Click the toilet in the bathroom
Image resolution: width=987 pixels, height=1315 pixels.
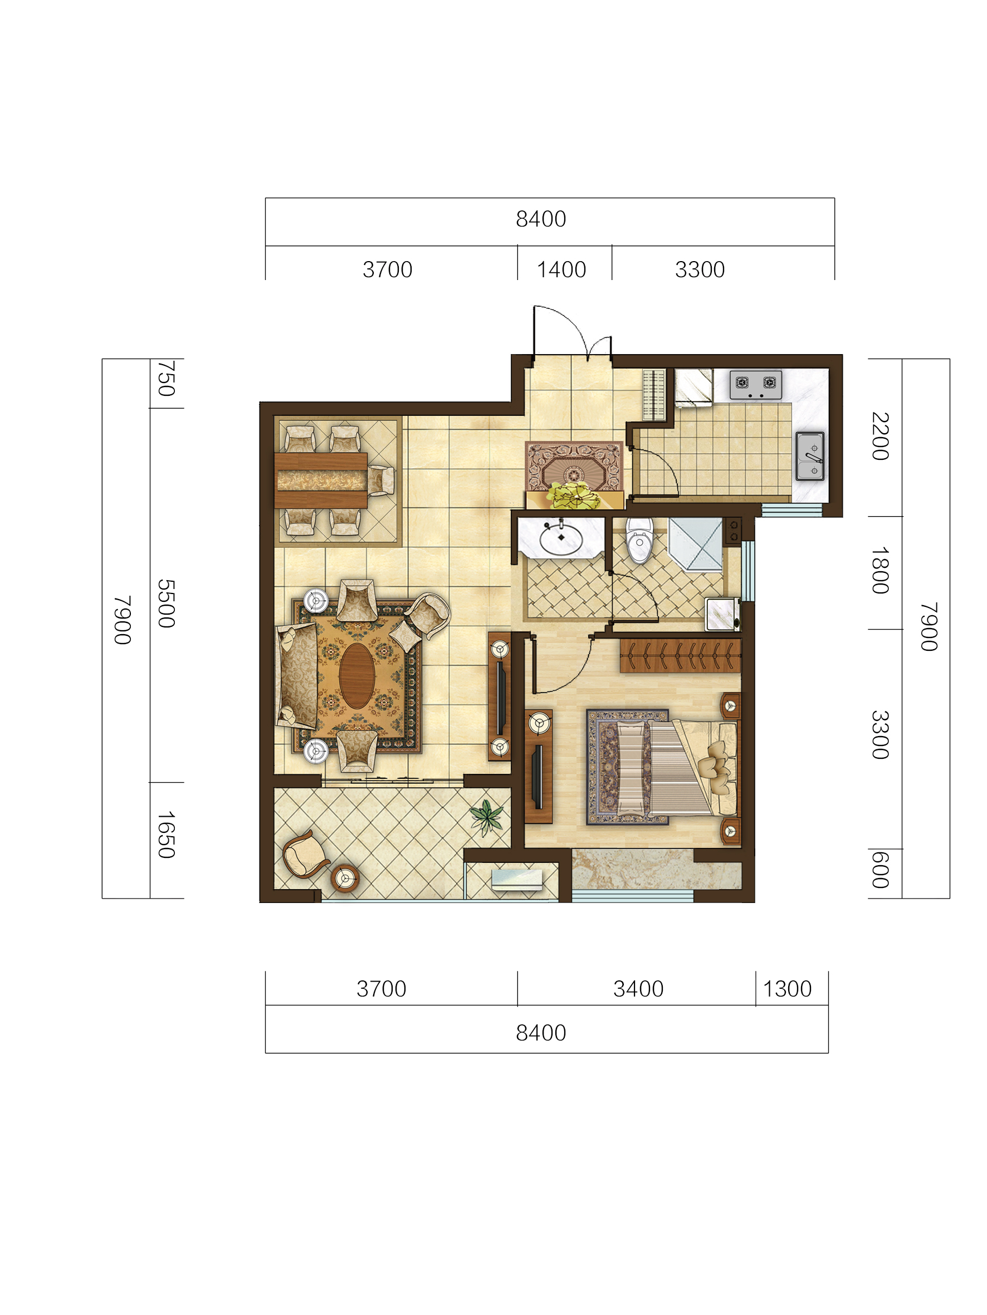(639, 540)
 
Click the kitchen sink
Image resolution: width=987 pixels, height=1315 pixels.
(810, 456)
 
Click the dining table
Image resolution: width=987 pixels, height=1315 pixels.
(321, 480)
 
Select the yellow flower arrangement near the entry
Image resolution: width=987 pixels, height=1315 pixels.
(574, 495)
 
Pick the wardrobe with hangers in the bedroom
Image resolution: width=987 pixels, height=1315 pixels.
(680, 656)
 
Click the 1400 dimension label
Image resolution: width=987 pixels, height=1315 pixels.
(561, 270)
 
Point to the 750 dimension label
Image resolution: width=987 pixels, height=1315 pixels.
(167, 378)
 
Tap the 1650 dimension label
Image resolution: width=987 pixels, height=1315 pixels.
(167, 835)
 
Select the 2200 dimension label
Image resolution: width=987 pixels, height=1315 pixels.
(880, 436)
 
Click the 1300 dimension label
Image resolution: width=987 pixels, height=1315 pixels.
(787, 989)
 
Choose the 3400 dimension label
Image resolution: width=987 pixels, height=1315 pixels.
(638, 989)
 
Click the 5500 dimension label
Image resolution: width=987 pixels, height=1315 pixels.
(167, 603)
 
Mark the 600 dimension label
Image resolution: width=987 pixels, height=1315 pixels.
(880, 870)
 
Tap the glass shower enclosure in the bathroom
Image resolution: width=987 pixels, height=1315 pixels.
(696, 545)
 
